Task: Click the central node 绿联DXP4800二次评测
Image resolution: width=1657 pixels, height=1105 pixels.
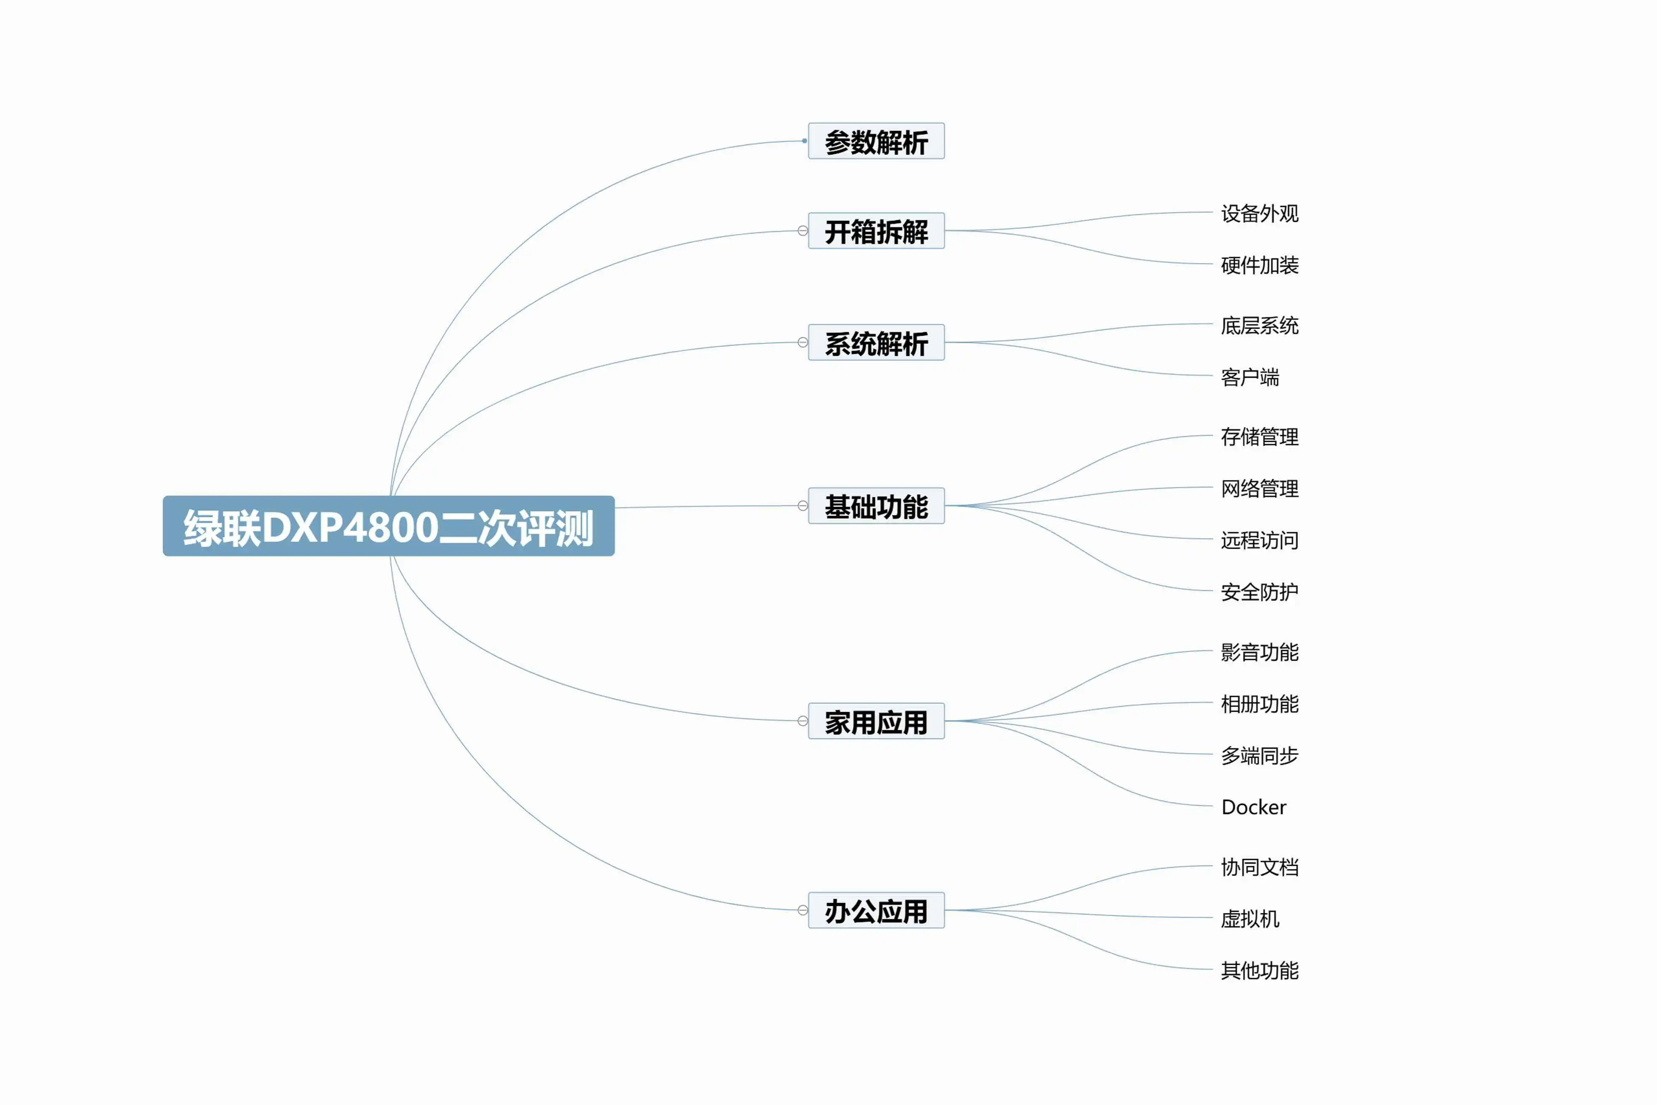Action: click(388, 526)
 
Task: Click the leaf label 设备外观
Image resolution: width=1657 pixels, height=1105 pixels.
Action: click(1260, 213)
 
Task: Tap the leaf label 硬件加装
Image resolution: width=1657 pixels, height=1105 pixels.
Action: click(1260, 265)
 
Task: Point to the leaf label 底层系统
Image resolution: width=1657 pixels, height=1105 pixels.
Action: click(1260, 325)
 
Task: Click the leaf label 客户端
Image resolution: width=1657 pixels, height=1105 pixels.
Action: click(1250, 377)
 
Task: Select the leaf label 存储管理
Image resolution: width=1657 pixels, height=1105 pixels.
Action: click(1260, 436)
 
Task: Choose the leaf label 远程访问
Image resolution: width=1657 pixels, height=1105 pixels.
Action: click(1260, 540)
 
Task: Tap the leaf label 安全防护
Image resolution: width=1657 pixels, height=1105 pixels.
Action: click(1260, 591)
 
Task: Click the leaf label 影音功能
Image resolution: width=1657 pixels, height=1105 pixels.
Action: click(1260, 652)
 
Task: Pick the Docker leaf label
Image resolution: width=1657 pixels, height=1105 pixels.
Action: click(1253, 807)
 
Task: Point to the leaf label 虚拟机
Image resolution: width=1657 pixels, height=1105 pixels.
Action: click(1250, 918)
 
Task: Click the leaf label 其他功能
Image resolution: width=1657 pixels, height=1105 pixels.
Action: click(1260, 970)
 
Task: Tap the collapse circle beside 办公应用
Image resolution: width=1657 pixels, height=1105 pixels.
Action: click(802, 910)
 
